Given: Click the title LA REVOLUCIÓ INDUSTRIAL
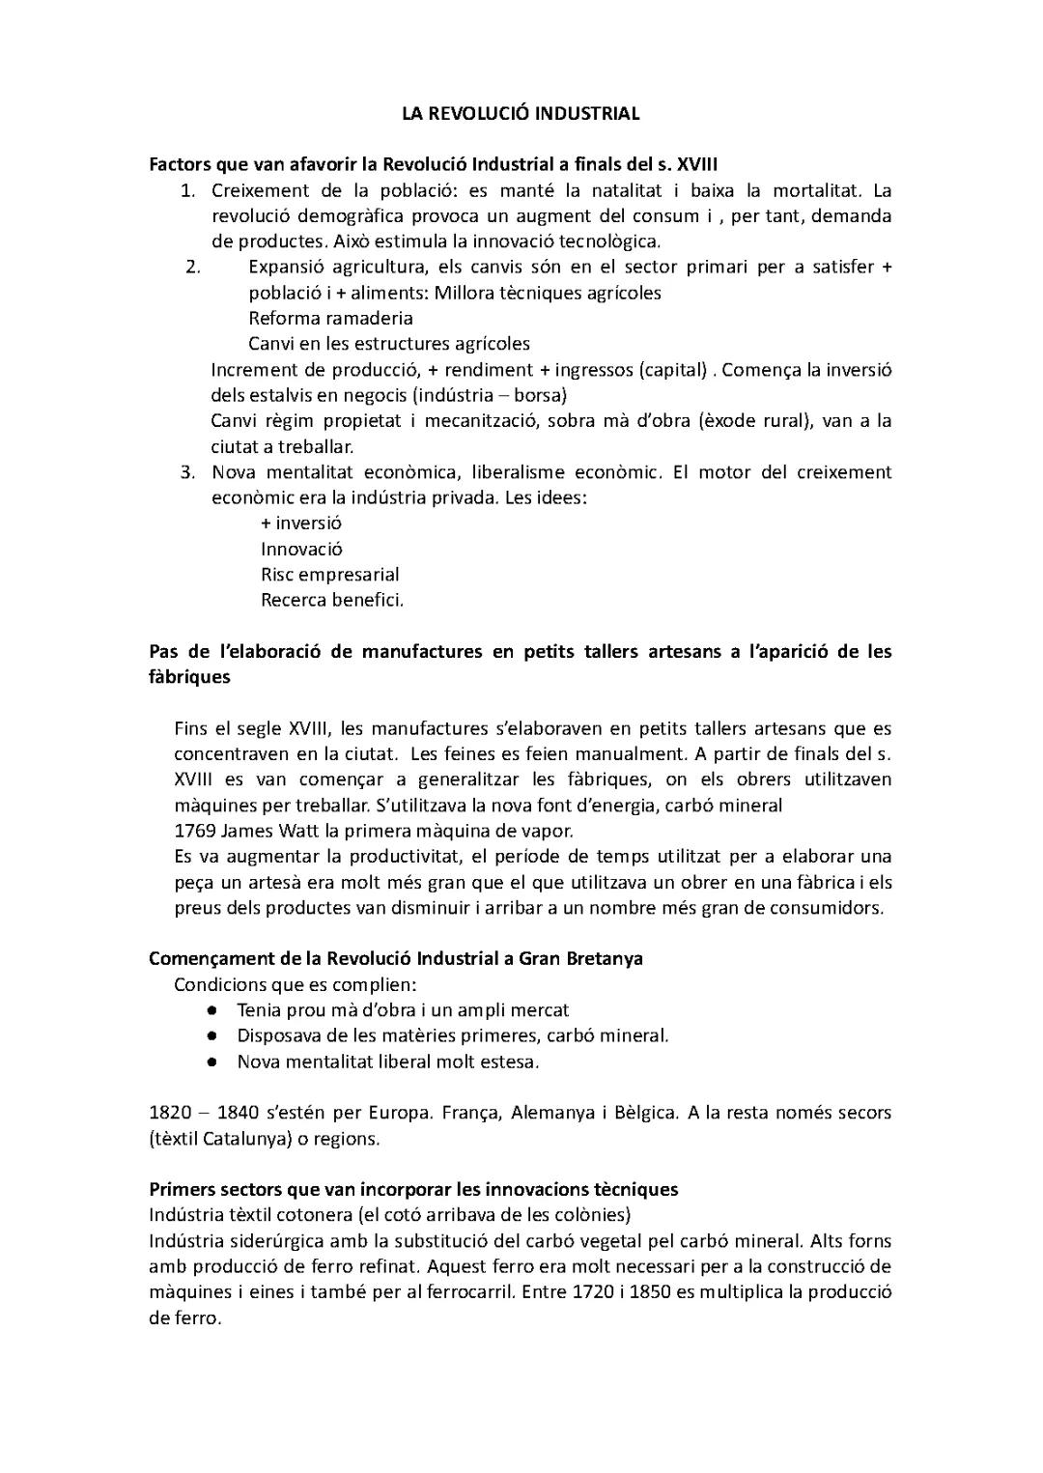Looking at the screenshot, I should click(521, 113).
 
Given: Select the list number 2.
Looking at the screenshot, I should click(191, 267).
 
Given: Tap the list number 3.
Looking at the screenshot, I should click(188, 471).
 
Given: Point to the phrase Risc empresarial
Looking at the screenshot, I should click(329, 574).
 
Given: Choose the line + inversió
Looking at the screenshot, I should click(300, 523).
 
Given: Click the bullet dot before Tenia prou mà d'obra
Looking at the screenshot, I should click(211, 1009).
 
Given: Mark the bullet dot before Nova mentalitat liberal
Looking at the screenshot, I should click(211, 1062).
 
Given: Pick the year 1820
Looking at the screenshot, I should click(170, 1112).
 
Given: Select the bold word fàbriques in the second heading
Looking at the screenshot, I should click(189, 676).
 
